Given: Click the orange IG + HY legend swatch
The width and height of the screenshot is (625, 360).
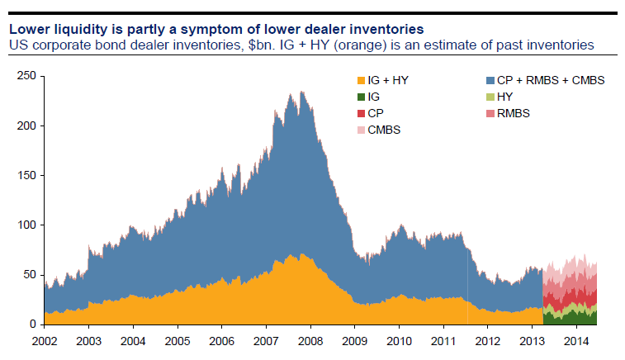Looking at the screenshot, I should [360, 80].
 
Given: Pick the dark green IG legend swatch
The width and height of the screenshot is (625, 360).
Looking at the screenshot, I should [360, 97].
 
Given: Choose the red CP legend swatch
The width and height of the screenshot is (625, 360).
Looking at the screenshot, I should [360, 113].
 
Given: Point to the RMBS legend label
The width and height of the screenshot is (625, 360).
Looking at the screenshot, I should [514, 113].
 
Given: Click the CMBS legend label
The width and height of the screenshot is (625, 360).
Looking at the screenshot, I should [383, 130].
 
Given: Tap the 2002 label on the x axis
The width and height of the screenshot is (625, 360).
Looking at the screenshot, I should [44, 340].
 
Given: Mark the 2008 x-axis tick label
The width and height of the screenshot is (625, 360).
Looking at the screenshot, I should [310, 340].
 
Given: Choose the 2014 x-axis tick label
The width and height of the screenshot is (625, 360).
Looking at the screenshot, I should [575, 340].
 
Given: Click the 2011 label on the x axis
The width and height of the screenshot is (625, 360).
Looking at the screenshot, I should [443, 340].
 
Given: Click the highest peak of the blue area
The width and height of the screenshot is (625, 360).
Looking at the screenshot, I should [301, 92].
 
